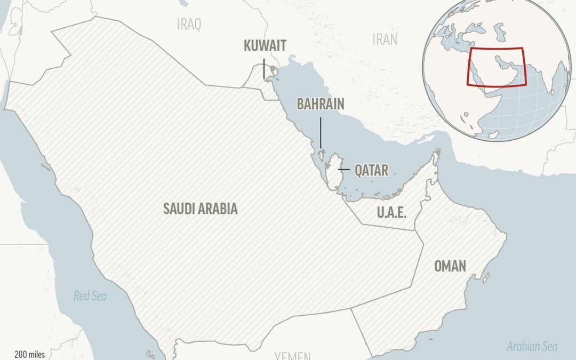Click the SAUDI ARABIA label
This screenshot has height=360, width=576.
200,209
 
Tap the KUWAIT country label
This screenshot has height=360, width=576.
265,46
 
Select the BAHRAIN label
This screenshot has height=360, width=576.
321,104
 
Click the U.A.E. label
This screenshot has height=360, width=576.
391,213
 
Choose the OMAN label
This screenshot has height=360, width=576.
450,266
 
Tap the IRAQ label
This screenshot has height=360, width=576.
189,24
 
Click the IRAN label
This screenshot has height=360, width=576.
385,39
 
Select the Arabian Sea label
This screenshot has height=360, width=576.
532,347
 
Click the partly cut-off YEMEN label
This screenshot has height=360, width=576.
292,355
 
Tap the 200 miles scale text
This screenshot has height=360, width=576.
30,354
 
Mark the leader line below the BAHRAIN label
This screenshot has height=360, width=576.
321,133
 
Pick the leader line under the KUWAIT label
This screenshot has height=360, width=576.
265,69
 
